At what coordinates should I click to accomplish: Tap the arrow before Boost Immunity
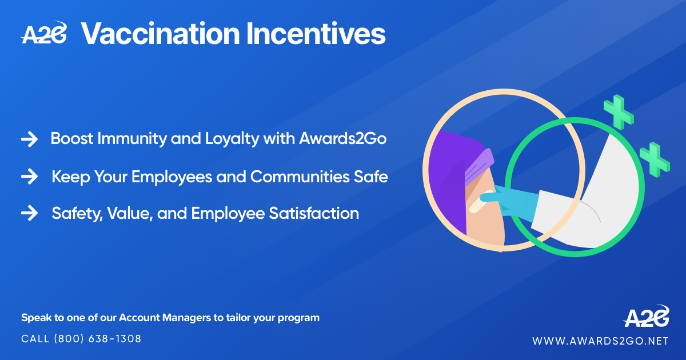click(29, 139)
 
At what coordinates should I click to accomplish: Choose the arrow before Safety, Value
click(29, 214)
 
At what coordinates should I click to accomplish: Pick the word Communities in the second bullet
click(297, 177)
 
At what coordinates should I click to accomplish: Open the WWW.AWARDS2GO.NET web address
click(600, 341)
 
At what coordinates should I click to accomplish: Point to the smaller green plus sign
click(655, 159)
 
